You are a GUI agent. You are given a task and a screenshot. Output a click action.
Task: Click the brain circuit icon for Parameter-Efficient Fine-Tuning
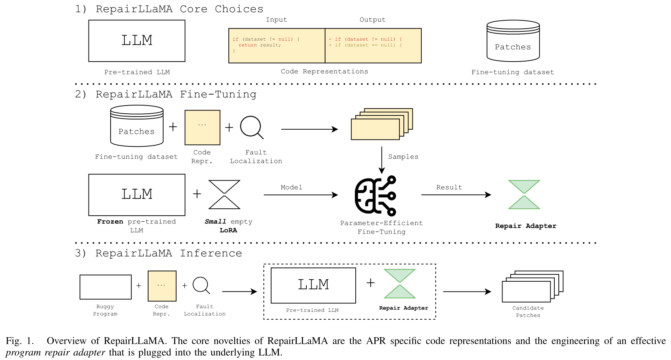coord(376,196)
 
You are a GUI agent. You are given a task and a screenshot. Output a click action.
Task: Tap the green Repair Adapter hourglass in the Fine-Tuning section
coord(524,194)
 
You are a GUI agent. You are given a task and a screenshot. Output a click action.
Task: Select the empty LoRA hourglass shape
coord(224,194)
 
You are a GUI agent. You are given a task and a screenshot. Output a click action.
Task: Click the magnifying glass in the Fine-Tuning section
coord(251,127)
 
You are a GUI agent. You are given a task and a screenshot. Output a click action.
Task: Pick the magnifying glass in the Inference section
coord(201,285)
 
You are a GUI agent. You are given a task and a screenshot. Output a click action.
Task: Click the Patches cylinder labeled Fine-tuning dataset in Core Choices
coord(513,41)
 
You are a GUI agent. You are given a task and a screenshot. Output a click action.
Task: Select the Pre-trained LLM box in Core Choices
coord(137,41)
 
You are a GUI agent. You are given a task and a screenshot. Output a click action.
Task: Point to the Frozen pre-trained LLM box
coord(137,194)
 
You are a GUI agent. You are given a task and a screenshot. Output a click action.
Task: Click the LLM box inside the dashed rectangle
coord(313,285)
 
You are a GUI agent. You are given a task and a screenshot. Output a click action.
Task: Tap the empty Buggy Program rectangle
coord(106,287)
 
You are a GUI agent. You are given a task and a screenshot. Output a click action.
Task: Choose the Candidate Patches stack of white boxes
coord(532,286)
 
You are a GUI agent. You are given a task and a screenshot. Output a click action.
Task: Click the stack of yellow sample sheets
coord(381,124)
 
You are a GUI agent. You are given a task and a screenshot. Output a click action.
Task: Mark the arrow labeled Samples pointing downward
coord(381,160)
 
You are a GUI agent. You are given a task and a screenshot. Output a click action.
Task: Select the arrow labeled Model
coord(301,195)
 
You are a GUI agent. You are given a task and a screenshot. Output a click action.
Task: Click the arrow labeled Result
coord(456,195)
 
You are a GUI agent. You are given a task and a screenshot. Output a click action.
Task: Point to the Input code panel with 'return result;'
coord(277,46)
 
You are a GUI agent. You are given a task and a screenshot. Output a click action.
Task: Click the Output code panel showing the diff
coord(373,46)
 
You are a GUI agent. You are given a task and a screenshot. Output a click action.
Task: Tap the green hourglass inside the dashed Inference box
coord(400,283)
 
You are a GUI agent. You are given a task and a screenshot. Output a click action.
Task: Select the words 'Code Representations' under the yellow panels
coord(324,71)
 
